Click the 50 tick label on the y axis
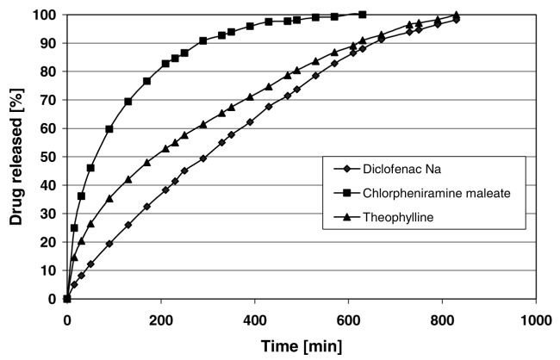(47, 157)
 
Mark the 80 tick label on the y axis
(47, 72)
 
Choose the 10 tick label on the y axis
(47, 270)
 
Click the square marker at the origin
(67, 299)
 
